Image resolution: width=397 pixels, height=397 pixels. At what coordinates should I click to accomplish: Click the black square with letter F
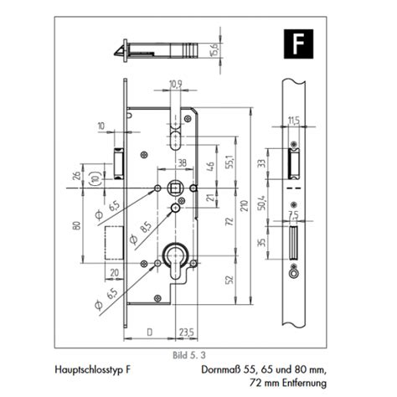pyautogui.click(x=298, y=44)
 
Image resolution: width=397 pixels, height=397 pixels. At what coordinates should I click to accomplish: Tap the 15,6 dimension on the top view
pyautogui.click(x=215, y=50)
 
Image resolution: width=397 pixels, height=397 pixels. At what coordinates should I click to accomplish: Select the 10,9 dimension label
pyautogui.click(x=176, y=84)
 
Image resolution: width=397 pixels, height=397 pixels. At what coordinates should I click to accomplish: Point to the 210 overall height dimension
pyautogui.click(x=245, y=205)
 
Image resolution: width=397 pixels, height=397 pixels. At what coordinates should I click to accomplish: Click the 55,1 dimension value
pyautogui.click(x=229, y=162)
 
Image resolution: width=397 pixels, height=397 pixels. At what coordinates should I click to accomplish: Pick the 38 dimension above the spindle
pyautogui.click(x=182, y=162)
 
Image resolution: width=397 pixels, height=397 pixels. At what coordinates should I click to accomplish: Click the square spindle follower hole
pyautogui.click(x=175, y=188)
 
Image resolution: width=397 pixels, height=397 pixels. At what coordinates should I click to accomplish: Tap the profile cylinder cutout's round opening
pyautogui.click(x=176, y=254)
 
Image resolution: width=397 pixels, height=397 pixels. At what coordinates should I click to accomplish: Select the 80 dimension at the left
pyautogui.click(x=76, y=225)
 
